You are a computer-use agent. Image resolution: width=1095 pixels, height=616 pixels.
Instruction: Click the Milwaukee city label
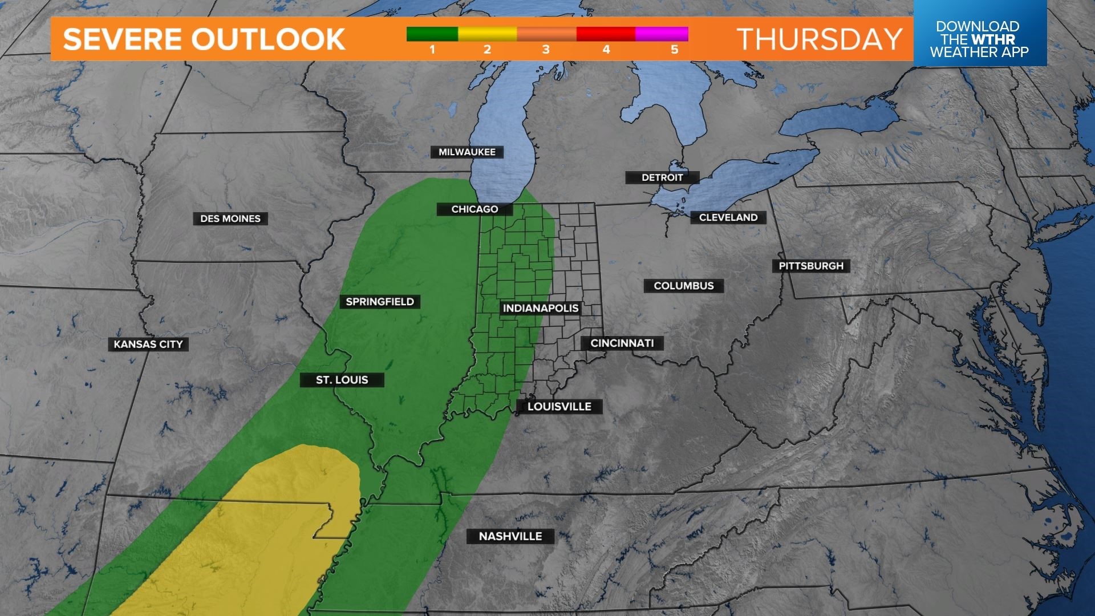467,152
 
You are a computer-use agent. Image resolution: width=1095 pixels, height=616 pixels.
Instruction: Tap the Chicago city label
474,209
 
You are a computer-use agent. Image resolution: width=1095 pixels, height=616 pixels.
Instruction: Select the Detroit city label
662,177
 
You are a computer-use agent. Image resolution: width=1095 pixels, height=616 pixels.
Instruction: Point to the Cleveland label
728,217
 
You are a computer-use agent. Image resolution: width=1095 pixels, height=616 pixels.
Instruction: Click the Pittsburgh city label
810,266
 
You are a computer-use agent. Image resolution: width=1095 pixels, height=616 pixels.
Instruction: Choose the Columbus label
683,286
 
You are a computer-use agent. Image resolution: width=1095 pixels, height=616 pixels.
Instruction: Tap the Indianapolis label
540,309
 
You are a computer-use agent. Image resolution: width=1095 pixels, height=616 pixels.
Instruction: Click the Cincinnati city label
622,343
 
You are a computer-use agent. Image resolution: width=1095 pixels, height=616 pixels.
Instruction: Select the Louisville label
559,407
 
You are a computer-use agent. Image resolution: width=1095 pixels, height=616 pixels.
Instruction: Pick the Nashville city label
510,536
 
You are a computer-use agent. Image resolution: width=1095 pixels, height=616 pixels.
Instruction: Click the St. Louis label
342,380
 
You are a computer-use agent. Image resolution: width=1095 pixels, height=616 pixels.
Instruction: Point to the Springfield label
380,302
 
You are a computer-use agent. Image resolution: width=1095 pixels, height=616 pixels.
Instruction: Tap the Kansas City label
148,344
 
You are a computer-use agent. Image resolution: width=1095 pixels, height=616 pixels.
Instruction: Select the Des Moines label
230,218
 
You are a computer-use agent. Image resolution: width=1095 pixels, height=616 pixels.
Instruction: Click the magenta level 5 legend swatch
662,34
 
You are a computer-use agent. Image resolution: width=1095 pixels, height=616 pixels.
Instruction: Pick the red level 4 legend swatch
606,34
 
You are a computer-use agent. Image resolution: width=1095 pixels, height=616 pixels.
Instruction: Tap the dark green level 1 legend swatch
432,34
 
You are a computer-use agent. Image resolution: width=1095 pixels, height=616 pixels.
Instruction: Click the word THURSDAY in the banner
819,39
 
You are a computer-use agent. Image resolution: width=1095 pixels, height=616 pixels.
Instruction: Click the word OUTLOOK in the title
267,39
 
